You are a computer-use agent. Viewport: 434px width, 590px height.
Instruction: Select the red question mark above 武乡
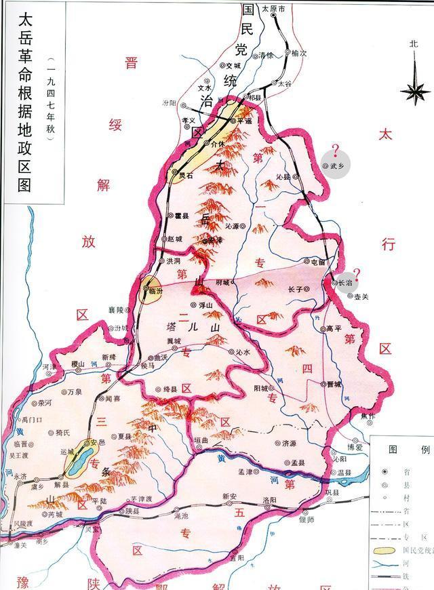334,150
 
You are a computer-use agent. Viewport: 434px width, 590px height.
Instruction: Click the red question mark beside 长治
357,274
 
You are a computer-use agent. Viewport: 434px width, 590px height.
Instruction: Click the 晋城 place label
334,383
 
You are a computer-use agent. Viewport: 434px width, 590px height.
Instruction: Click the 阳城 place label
261,388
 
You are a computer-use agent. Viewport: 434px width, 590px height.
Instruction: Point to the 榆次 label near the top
299,52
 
